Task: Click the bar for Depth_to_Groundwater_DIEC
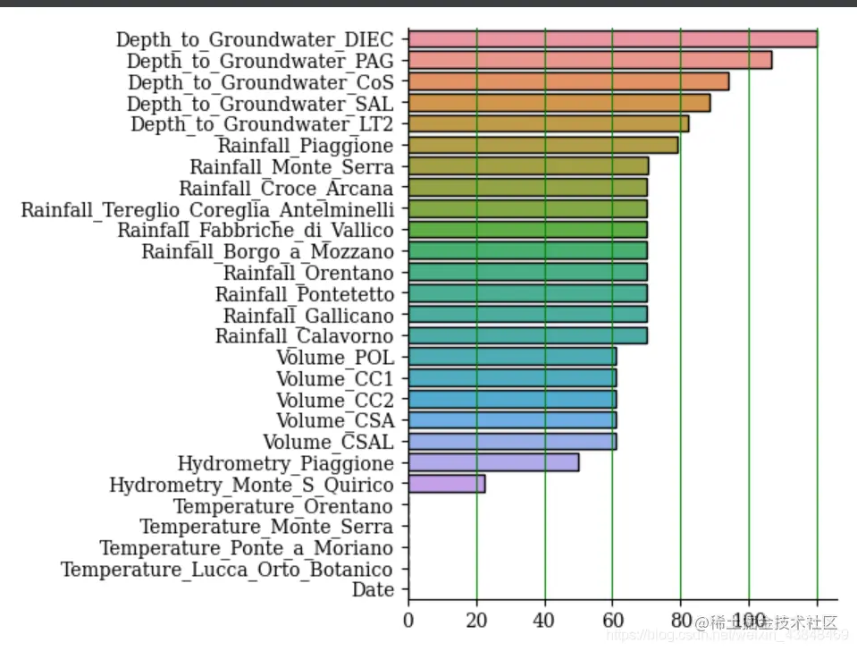pos(612,38)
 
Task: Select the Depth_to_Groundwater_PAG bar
pos(590,60)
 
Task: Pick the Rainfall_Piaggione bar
pos(542,145)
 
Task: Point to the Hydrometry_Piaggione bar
pos(493,462)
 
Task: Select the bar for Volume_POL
pos(512,357)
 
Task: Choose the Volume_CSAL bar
pos(512,441)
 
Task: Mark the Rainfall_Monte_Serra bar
pos(528,166)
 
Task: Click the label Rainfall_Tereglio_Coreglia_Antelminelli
pos(207,209)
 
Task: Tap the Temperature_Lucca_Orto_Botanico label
pos(227,569)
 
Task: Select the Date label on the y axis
pos(373,590)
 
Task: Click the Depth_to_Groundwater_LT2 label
pos(262,123)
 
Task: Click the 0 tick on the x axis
pos(408,619)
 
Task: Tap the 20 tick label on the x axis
pos(476,619)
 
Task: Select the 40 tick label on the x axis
pos(544,619)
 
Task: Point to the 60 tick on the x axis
pos(612,619)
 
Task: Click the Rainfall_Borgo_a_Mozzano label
pos(267,251)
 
